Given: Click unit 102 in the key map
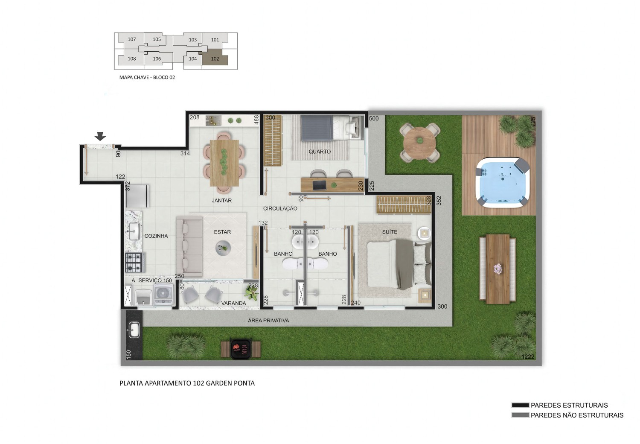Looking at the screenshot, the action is (x=215, y=58).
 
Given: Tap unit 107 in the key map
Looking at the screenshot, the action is (x=131, y=39).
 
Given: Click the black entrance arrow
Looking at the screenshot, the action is (x=100, y=136).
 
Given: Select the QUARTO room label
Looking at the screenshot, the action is (x=320, y=152).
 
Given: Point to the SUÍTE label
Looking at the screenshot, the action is (x=390, y=232).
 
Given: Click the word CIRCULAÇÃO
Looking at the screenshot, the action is (x=280, y=208).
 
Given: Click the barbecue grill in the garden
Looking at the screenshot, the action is (x=241, y=349).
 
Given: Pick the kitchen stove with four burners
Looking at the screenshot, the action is (x=134, y=263).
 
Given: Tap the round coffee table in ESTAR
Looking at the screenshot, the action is (x=223, y=248).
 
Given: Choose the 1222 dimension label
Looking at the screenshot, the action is (x=528, y=356).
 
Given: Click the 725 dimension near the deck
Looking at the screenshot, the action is (x=533, y=122).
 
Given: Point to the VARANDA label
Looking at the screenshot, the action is (x=233, y=303).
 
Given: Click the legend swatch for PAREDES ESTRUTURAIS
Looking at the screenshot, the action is (x=520, y=405).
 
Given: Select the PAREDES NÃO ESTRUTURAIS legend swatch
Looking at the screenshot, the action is (x=520, y=415).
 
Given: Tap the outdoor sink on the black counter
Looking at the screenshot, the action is (x=134, y=330).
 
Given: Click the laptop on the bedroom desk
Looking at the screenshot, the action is (x=319, y=185).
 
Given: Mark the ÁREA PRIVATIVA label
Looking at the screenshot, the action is (x=268, y=321).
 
